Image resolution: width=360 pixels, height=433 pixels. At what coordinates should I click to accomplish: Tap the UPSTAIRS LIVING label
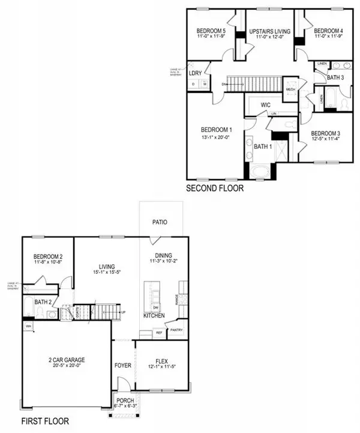coord(269,31)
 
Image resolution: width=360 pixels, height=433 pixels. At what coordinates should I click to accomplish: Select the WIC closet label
coord(266,104)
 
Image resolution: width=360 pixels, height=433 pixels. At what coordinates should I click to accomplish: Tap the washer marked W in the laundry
coord(205,83)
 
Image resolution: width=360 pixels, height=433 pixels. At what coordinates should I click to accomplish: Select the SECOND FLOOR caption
coord(214,188)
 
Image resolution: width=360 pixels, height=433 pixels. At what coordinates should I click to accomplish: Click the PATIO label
coord(159,222)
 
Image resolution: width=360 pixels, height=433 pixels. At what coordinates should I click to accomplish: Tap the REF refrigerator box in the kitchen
coord(159,332)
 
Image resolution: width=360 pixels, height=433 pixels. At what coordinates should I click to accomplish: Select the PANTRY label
coord(176,330)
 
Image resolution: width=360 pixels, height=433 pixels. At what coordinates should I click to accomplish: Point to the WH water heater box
coord(28,326)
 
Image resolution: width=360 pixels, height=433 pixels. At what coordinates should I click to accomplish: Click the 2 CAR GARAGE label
coord(67,360)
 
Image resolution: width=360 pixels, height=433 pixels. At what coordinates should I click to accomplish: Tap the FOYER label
coord(123,365)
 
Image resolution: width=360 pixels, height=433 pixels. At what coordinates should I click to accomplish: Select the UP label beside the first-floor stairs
coord(124,312)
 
